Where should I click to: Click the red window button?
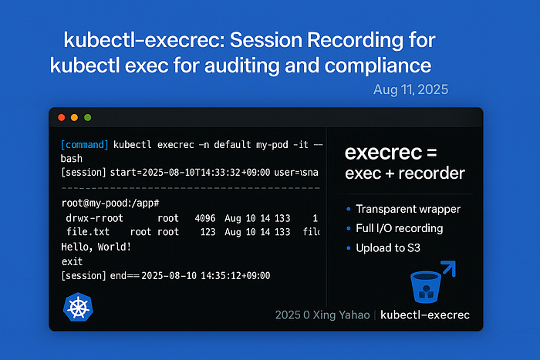(62, 118)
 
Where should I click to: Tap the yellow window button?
(74, 118)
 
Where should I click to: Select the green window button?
(88, 118)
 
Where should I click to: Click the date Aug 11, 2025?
(411, 89)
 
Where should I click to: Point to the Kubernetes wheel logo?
(78, 307)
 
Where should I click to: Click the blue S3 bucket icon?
(426, 287)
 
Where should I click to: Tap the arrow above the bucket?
(449, 268)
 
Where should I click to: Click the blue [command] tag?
(84, 145)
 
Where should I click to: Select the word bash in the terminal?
(72, 159)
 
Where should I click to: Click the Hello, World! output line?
(96, 247)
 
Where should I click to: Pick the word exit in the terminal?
(72, 261)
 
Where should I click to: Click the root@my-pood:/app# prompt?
(110, 203)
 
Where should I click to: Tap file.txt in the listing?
(88, 231)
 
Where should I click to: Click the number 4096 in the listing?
(205, 218)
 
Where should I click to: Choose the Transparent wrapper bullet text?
(408, 209)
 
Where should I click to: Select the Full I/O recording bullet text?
(400, 228)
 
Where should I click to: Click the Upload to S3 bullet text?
(388, 247)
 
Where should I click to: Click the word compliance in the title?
(378, 66)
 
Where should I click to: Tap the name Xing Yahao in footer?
(341, 315)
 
